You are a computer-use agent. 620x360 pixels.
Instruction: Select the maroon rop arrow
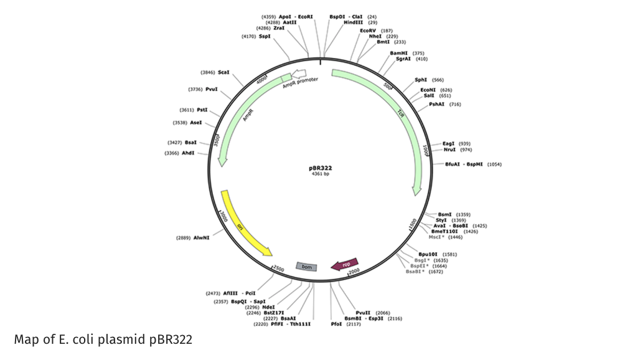(x=345, y=264)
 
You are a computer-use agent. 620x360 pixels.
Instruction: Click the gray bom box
(x=306, y=267)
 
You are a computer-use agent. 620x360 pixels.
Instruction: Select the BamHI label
(x=399, y=53)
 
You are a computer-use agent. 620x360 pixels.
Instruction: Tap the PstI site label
(x=202, y=109)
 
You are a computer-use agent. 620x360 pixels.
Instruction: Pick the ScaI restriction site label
(x=223, y=72)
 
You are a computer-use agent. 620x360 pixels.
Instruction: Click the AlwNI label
(x=201, y=238)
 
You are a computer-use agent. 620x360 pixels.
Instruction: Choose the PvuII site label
(x=364, y=312)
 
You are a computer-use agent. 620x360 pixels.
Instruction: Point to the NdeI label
(x=269, y=306)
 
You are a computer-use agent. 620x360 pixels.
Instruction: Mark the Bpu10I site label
(x=428, y=254)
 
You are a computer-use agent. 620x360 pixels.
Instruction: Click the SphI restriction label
(x=421, y=80)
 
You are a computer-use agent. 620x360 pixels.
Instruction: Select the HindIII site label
(x=354, y=22)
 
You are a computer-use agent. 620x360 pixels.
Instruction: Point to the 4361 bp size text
(x=320, y=174)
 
